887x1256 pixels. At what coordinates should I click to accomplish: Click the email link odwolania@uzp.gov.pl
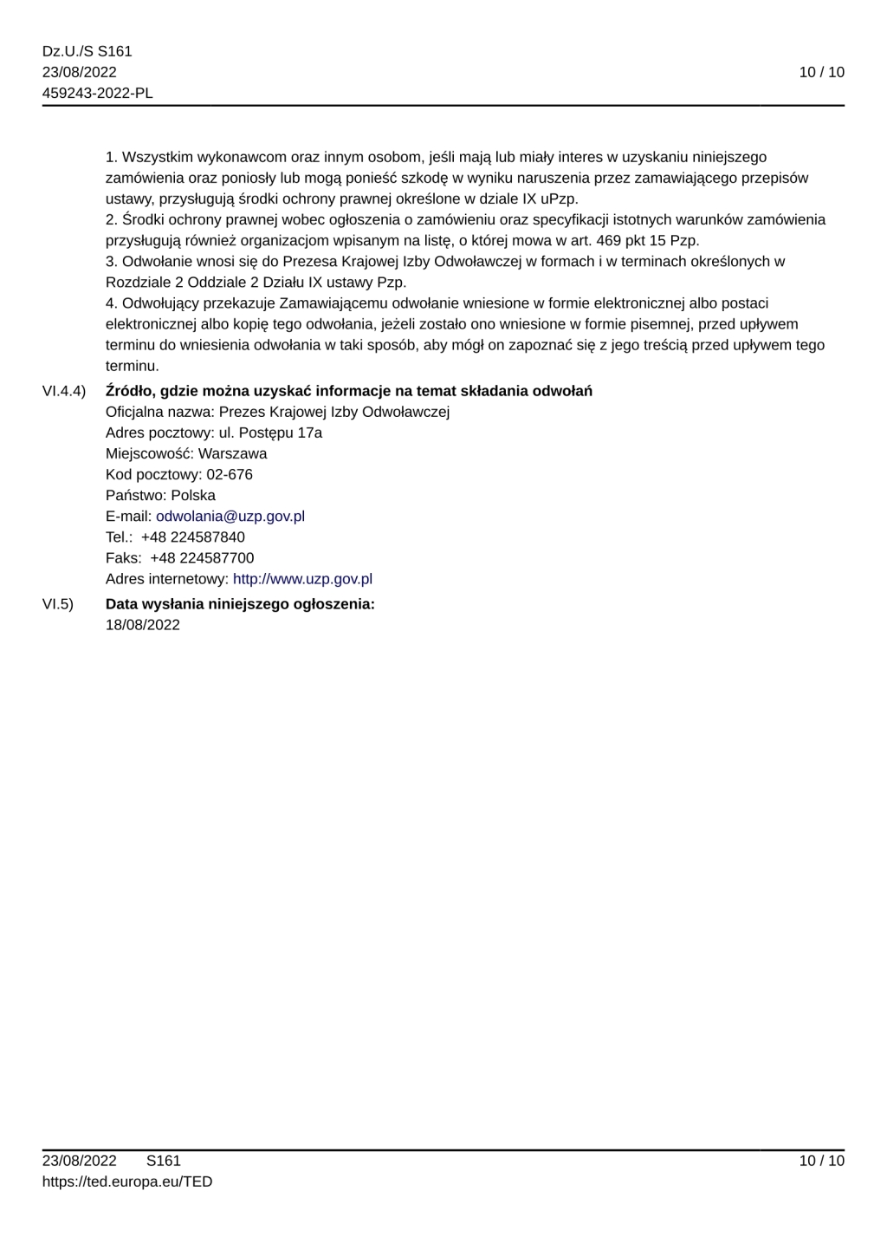click(230, 517)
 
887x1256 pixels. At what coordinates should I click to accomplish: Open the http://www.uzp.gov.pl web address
click(302, 579)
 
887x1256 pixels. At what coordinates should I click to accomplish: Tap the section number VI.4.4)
click(64, 391)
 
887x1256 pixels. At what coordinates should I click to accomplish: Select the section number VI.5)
click(58, 604)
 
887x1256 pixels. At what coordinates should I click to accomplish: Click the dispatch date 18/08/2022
click(143, 625)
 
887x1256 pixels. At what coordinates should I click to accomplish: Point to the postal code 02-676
click(230, 475)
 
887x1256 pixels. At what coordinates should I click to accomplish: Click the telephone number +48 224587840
click(193, 537)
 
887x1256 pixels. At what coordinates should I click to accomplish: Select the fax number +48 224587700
click(202, 558)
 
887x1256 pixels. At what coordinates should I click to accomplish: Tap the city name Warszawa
click(232, 454)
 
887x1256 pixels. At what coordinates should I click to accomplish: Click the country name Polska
click(193, 496)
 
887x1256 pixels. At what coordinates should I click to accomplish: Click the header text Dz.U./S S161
click(87, 52)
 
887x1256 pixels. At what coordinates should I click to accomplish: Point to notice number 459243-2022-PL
click(98, 94)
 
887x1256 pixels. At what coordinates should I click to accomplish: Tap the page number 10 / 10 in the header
click(821, 73)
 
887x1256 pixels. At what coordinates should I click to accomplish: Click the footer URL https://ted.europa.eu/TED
click(127, 1182)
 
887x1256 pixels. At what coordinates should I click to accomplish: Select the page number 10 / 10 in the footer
click(821, 1162)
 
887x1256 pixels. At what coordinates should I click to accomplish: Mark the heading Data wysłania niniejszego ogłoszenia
click(240, 604)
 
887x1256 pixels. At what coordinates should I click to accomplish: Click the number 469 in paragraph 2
click(609, 241)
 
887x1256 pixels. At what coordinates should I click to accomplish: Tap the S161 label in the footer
click(164, 1162)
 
